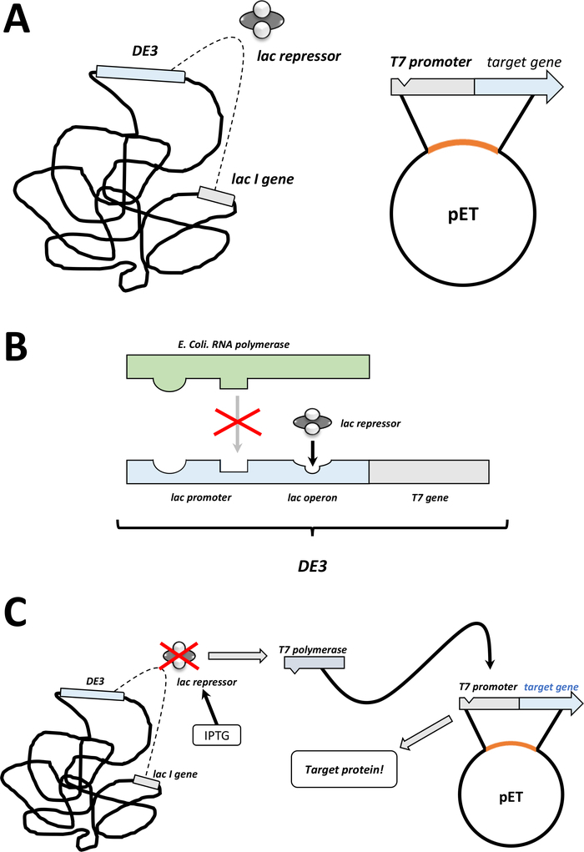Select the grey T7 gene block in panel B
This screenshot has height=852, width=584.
tap(429, 471)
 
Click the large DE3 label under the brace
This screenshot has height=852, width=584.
tap(311, 566)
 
